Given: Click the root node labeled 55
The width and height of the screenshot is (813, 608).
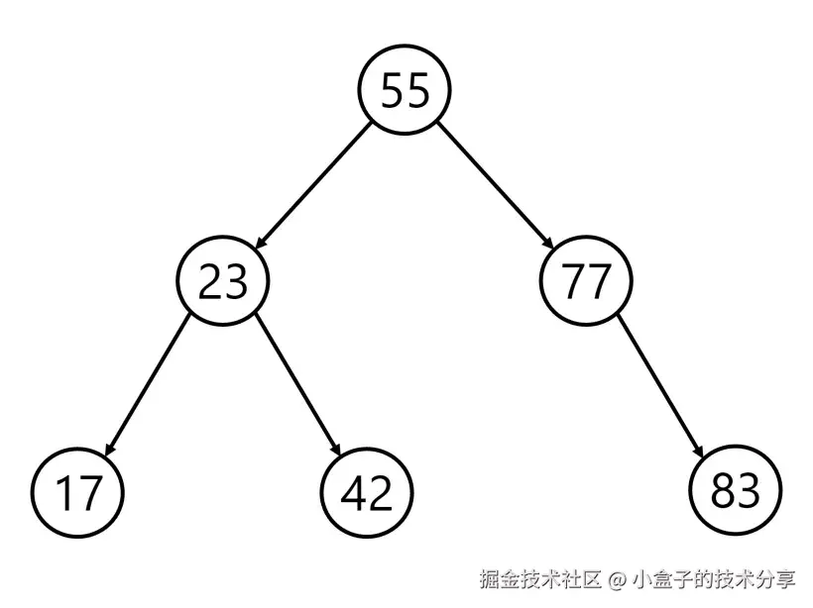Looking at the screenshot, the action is point(405,91).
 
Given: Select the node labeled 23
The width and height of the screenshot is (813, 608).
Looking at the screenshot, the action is point(223,282).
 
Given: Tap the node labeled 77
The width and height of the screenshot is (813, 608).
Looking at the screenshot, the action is point(586,282).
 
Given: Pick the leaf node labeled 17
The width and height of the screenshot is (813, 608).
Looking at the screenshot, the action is point(77,492).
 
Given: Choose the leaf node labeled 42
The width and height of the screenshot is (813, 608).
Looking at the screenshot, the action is point(368,492).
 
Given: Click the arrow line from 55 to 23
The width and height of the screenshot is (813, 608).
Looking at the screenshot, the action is point(313,186).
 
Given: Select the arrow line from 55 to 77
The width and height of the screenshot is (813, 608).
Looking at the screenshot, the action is point(496,186).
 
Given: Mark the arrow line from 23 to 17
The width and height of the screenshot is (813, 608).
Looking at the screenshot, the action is point(149,385).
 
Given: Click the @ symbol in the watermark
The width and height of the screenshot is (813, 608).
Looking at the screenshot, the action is point(617,579).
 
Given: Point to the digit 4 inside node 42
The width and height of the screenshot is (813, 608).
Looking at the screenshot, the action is point(353,492).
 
